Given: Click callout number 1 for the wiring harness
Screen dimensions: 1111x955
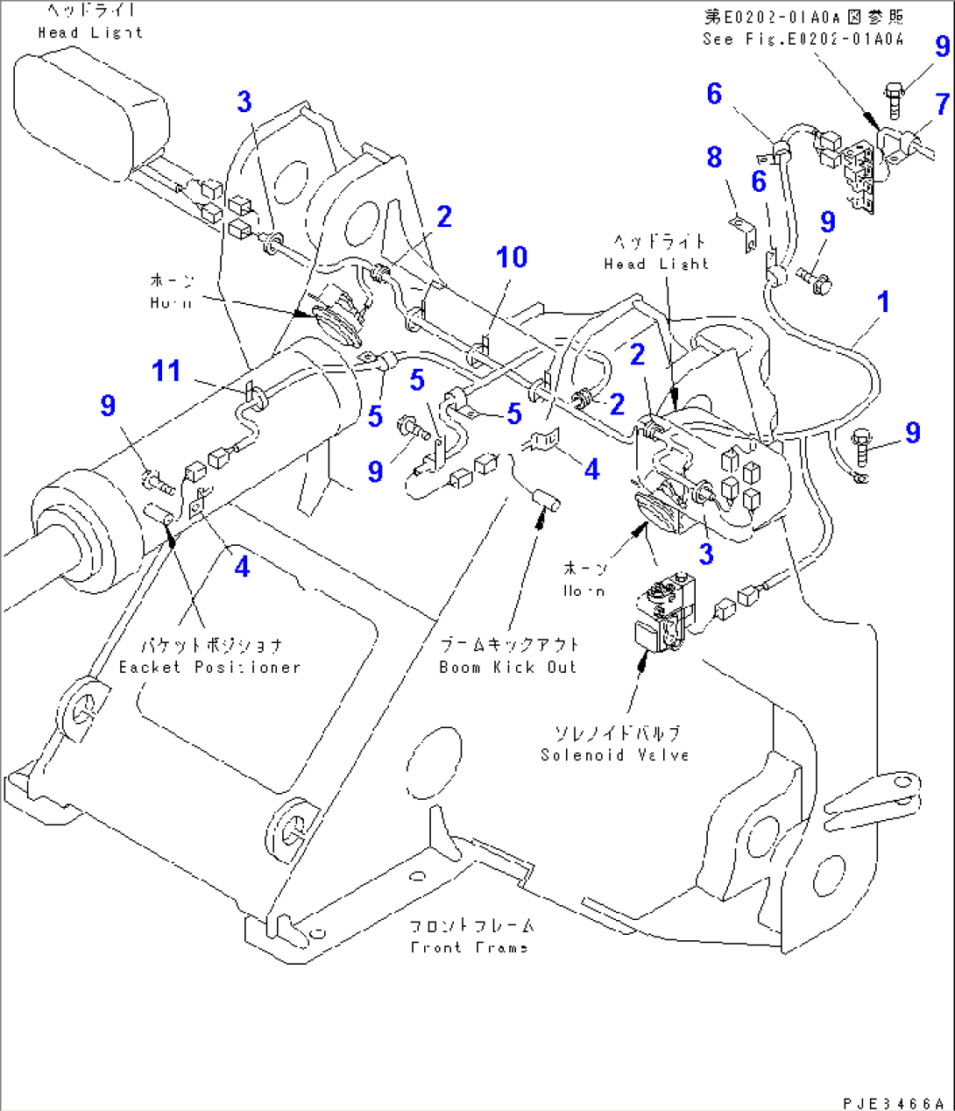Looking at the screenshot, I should click(883, 302).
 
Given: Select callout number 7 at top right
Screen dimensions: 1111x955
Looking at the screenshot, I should click(942, 105).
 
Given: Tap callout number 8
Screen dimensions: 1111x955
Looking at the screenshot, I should click(714, 158).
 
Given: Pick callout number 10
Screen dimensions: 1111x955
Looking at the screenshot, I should click(512, 258).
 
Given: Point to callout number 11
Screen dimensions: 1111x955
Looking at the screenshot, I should click(166, 372).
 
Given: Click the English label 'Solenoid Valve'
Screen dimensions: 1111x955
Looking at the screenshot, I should click(615, 754).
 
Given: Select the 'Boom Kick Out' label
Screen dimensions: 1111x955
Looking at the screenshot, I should click(508, 667).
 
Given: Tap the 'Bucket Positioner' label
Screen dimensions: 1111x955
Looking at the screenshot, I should click(209, 667).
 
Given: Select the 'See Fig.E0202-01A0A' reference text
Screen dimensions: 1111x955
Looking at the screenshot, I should click(803, 39).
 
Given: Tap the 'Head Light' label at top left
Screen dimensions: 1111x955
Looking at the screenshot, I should click(90, 32).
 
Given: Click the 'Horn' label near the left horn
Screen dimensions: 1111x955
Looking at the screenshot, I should click(171, 302).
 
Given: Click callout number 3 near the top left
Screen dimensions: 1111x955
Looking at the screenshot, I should click(244, 103).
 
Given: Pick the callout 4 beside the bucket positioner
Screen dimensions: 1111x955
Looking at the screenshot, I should click(242, 567).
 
